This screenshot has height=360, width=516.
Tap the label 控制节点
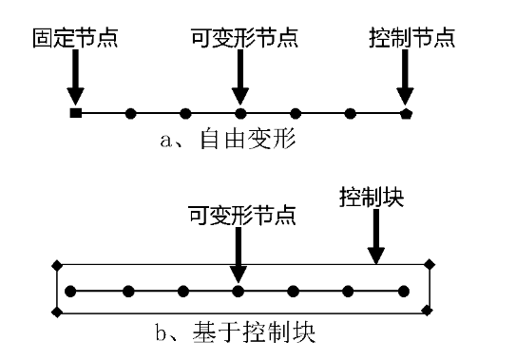(411, 39)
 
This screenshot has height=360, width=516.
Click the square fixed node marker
(75, 114)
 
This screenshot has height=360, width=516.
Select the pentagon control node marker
(406, 114)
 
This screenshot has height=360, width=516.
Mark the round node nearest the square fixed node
(130, 114)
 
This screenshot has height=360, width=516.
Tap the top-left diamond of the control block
(56, 264)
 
